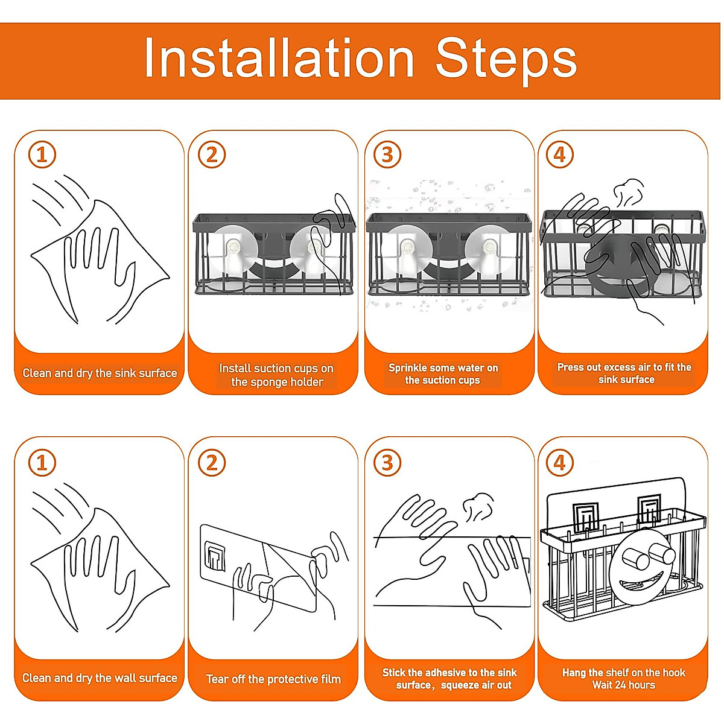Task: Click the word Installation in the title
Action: pyautogui.click(x=279, y=58)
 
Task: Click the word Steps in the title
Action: pyautogui.click(x=506, y=62)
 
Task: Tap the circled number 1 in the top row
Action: pyautogui.click(x=42, y=155)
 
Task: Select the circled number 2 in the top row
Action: pyautogui.click(x=212, y=155)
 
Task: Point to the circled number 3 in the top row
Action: pyautogui.click(x=387, y=155)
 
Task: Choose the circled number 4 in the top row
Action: pyautogui.click(x=560, y=155)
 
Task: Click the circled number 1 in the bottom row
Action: pyautogui.click(x=42, y=463)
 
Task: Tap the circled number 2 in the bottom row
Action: pyautogui.click(x=212, y=463)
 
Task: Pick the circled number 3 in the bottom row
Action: pyautogui.click(x=387, y=463)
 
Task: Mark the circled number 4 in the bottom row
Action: pyautogui.click(x=560, y=463)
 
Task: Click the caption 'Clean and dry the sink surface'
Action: pyautogui.click(x=100, y=373)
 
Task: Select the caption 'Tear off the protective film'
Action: pyautogui.click(x=273, y=679)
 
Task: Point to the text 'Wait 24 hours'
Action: pyautogui.click(x=624, y=685)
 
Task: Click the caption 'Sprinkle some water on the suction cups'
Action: pyautogui.click(x=443, y=374)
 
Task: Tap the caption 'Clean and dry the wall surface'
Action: pyautogui.click(x=100, y=678)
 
